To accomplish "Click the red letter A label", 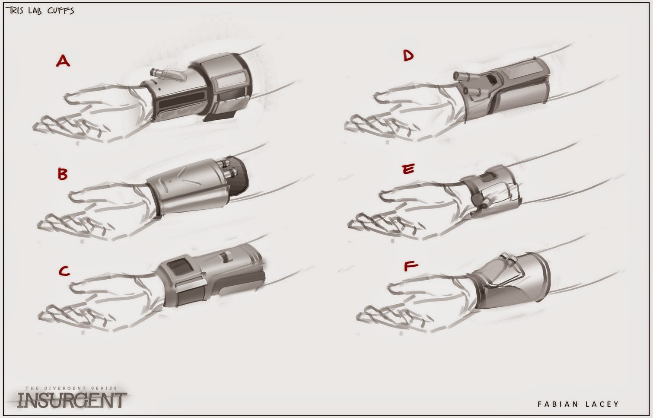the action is (x=63, y=61).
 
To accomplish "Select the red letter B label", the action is (x=63, y=174).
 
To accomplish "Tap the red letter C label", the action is (x=64, y=271).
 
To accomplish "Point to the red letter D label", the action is (x=408, y=55).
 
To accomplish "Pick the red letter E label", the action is (x=408, y=169).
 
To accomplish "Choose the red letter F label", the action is (x=411, y=266).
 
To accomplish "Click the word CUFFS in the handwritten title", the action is (x=61, y=11).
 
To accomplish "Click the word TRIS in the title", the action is (x=15, y=10).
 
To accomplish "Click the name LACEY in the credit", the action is (x=602, y=404).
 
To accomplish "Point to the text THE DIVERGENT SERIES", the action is (x=71, y=388).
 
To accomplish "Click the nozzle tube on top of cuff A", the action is (x=168, y=75).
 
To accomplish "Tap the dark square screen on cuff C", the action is (x=178, y=267).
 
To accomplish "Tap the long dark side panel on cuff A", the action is (x=182, y=102).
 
